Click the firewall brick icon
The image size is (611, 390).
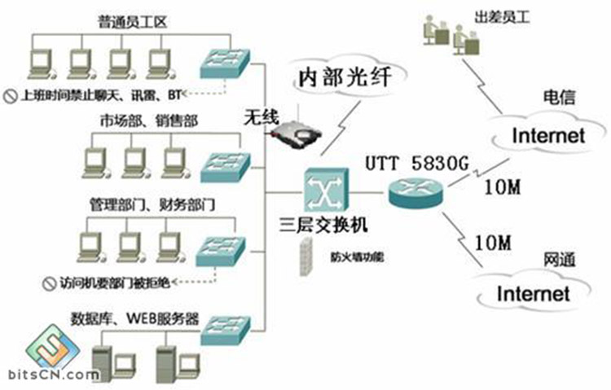(305, 259)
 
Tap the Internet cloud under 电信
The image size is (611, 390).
(548, 134)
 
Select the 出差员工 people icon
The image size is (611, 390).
(447, 33)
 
